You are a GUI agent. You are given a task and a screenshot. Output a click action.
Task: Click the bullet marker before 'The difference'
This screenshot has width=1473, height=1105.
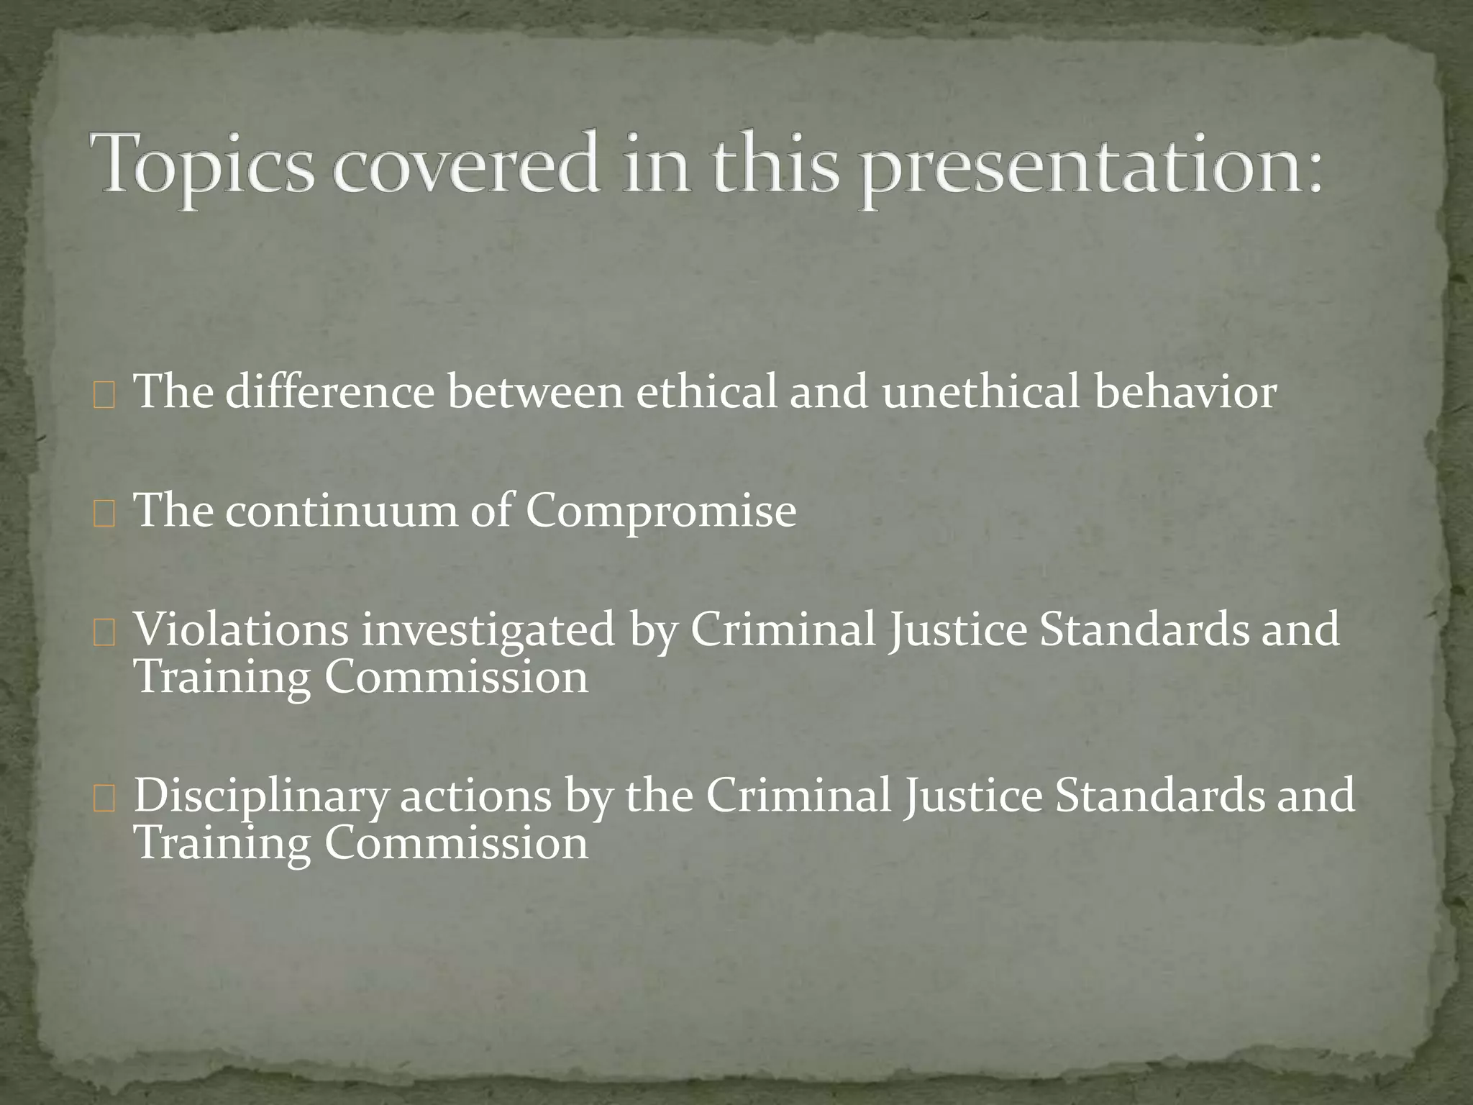pos(104,396)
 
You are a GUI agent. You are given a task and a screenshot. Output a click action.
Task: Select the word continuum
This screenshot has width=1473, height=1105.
pos(342,511)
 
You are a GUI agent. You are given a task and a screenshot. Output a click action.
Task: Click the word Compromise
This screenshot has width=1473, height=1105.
pos(660,512)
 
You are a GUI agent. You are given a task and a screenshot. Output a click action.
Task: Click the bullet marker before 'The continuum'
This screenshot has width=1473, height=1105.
pos(104,515)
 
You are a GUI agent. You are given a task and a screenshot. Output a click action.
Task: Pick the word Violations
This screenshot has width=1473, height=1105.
pos(242,629)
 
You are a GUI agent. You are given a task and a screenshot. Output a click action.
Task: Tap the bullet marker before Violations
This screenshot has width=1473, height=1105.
pos(104,634)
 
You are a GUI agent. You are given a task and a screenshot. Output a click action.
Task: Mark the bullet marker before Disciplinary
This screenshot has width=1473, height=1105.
pos(104,800)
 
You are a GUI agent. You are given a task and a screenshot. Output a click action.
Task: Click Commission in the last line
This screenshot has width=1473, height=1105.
pos(456,843)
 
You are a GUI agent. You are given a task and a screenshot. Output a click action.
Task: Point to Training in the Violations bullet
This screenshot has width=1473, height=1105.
pos(222,678)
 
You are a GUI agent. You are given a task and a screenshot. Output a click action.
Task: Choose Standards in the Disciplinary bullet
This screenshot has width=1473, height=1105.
pos(1159,795)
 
